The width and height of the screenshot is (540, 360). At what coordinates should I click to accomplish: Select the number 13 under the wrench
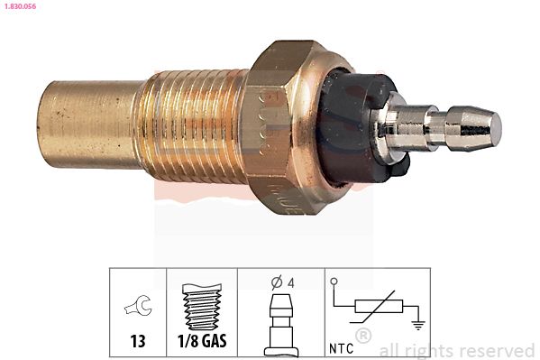click(x=138, y=343)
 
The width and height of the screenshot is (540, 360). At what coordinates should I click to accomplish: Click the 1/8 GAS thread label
click(x=201, y=343)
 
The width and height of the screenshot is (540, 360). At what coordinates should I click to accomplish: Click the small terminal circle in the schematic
click(x=334, y=282)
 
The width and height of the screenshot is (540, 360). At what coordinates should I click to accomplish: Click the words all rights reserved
click(x=457, y=350)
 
